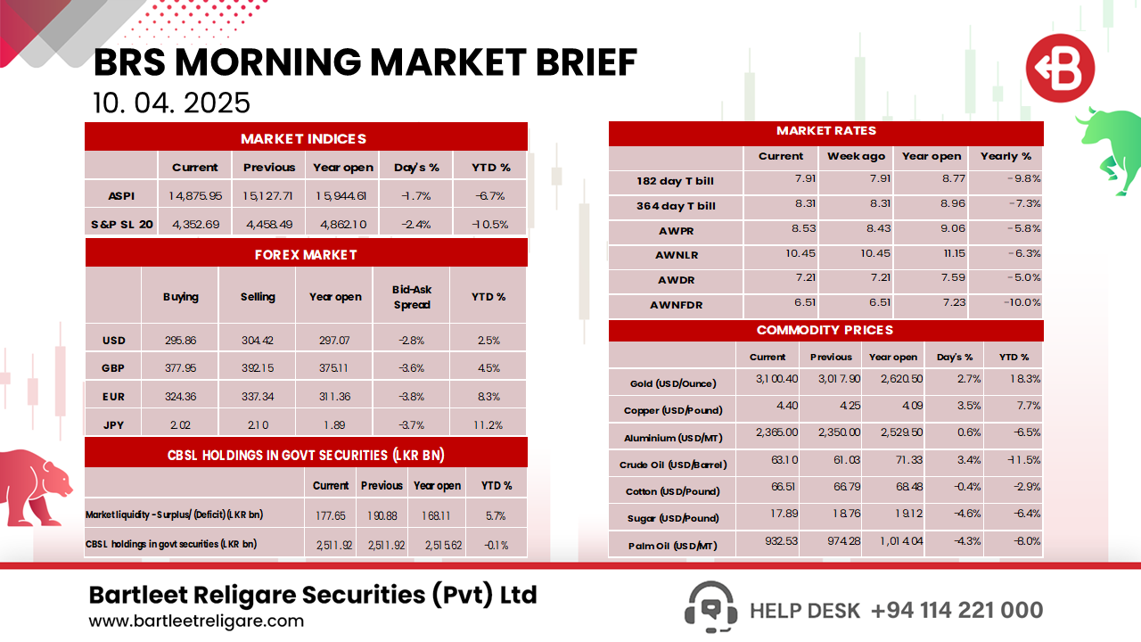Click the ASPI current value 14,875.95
(x=195, y=194)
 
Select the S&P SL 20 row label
(x=121, y=223)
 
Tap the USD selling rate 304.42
(x=257, y=340)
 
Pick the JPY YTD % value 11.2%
(x=488, y=424)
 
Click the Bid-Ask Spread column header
(x=411, y=297)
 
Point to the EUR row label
(x=113, y=396)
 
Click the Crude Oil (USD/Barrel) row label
(x=673, y=465)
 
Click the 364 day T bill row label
(x=676, y=206)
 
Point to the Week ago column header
(x=856, y=156)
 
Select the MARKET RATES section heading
(x=825, y=131)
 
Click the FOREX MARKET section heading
(x=306, y=255)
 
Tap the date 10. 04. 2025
(x=171, y=103)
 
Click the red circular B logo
(x=1059, y=69)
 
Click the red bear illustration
(x=36, y=486)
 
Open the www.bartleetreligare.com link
(x=196, y=621)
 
